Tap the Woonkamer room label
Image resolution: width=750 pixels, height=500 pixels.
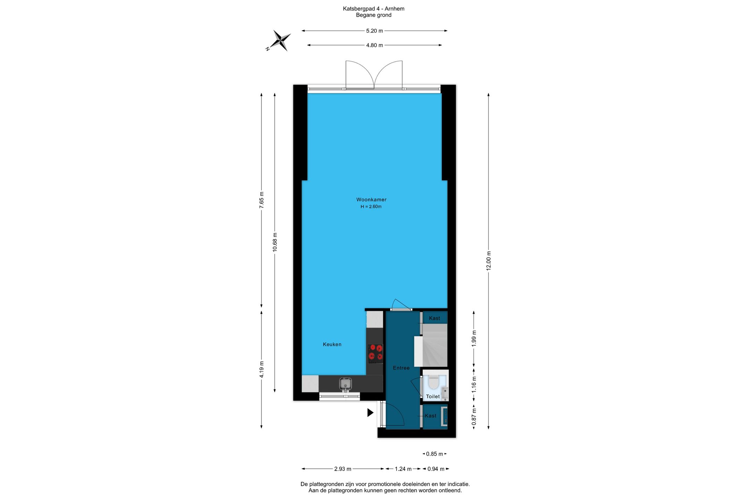point(371,200)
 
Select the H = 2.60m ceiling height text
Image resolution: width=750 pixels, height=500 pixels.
point(371,207)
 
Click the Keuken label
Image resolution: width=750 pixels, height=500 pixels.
point(332,344)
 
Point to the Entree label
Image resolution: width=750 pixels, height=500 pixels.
point(401,368)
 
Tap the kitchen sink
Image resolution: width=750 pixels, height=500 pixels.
point(345,384)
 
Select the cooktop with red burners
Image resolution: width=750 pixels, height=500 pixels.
point(375,353)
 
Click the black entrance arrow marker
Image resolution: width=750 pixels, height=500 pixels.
point(370,412)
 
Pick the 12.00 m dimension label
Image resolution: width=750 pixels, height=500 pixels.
point(489,260)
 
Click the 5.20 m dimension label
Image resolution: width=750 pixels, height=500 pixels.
point(374,31)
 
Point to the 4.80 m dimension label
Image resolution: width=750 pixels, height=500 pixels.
point(374,45)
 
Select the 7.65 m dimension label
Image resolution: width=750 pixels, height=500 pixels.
point(261,200)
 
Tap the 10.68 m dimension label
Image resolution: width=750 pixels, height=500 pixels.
point(275,242)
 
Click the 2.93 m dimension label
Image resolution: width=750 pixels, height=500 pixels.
point(343,469)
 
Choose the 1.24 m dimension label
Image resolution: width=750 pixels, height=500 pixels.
point(403,469)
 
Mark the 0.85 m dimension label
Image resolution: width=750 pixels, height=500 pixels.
point(434,454)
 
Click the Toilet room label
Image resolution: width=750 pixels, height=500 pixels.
point(433,397)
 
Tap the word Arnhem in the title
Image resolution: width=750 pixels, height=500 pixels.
point(394,9)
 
